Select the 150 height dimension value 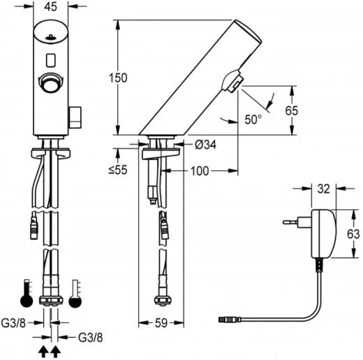[x=119, y=77]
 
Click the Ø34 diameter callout [x=205, y=144]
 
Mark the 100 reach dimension [x=200, y=170]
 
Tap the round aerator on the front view [x=49, y=80]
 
